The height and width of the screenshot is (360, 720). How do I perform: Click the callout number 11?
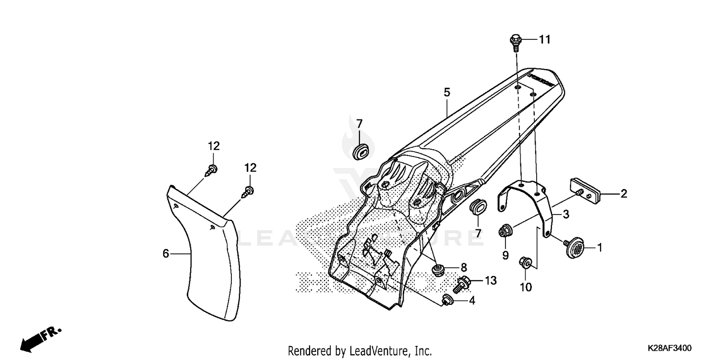click(x=544, y=40)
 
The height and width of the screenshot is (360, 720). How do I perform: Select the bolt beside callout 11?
click(x=515, y=43)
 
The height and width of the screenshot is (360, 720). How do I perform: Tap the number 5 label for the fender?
click(x=447, y=92)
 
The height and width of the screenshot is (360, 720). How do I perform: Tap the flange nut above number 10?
click(x=525, y=263)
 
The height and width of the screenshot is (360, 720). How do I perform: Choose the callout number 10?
click(x=526, y=287)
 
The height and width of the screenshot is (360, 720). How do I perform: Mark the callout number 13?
click(x=491, y=280)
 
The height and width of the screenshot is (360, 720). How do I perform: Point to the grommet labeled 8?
click(x=437, y=270)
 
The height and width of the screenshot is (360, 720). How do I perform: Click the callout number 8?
click(x=464, y=267)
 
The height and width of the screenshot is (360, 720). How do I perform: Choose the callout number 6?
click(x=166, y=253)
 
